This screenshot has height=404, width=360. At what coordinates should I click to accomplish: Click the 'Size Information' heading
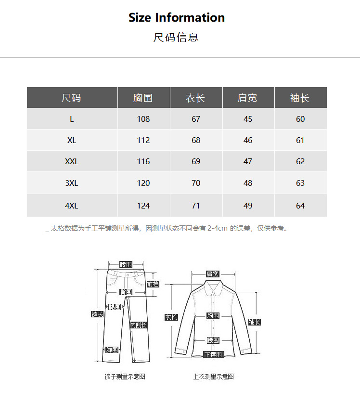tap(176, 18)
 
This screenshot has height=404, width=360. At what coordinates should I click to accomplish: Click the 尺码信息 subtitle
tap(176, 37)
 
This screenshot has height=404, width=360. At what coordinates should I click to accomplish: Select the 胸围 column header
tap(143, 98)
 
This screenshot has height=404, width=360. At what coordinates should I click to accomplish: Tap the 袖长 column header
tap(300, 98)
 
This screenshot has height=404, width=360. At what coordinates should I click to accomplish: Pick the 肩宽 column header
tap(247, 98)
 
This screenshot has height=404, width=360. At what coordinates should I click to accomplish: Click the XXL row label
tap(72, 162)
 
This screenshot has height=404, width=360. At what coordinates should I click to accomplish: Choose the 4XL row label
tap(72, 206)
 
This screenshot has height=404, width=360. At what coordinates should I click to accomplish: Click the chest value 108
tap(143, 119)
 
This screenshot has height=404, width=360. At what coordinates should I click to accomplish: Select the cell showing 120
tap(143, 183)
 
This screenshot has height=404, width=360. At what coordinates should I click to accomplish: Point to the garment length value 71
tap(196, 206)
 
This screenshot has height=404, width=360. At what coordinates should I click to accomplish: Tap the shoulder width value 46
tap(248, 141)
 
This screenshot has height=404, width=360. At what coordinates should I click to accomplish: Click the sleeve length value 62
tap(300, 162)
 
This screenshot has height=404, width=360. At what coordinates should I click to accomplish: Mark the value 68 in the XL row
tap(196, 141)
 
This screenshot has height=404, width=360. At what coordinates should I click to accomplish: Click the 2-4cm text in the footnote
tap(218, 229)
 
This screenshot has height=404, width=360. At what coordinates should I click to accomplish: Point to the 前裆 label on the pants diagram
tap(153, 284)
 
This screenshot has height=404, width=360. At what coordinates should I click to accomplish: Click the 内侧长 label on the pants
tap(139, 325)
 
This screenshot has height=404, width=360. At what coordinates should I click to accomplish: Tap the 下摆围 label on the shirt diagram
tap(213, 355)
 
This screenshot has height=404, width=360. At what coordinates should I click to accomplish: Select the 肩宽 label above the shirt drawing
tap(212, 274)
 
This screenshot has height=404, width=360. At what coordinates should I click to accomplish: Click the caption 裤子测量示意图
tap(125, 377)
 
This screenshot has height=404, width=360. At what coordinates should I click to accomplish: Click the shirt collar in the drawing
tap(212, 289)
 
